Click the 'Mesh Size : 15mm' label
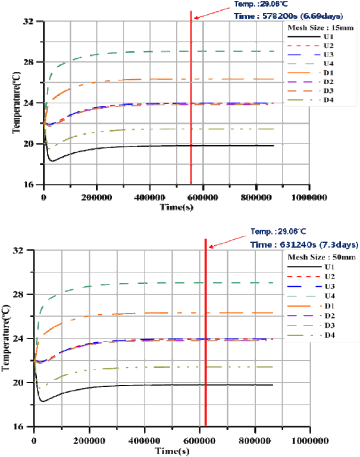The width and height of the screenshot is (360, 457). coord(313,27)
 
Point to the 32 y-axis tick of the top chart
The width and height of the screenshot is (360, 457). coord(36,21)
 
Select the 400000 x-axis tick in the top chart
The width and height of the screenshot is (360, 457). coord(150,196)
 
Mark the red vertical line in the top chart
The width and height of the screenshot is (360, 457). coord(191,119)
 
